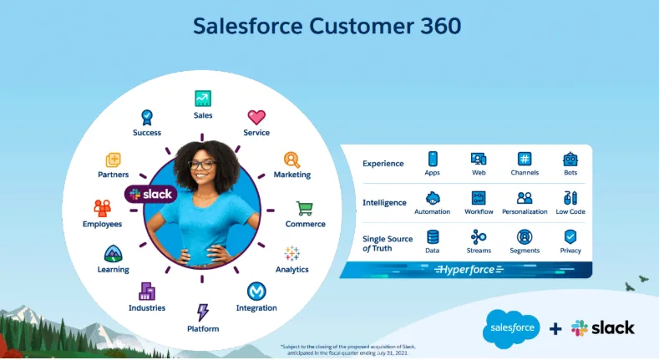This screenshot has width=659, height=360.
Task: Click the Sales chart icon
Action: (203, 99)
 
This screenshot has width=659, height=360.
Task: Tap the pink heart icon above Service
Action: (256, 117)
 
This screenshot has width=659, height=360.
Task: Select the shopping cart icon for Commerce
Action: (305, 208)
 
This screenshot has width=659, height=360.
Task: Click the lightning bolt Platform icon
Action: (202, 312)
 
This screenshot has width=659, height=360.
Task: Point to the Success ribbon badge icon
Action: (147, 117)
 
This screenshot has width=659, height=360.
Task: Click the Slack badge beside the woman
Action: (150, 194)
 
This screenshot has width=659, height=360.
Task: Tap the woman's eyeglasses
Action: (202, 165)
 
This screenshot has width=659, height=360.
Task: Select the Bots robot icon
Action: (570, 159)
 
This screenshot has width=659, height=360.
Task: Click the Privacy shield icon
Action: (570, 236)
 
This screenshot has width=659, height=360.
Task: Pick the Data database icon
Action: (433, 236)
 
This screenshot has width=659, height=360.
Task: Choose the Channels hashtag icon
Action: (525, 159)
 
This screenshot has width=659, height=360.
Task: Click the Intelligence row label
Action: (384, 202)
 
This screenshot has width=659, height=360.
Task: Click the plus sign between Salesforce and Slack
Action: (555, 328)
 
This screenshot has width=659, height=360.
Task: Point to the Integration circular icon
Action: (256, 291)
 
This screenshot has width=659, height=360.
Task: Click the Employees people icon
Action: (102, 208)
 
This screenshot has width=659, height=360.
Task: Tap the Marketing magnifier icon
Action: (291, 159)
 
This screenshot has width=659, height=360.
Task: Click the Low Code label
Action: (570, 212)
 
